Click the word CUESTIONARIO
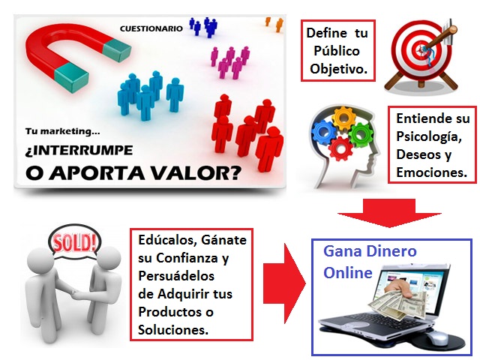151,28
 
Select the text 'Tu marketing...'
62,131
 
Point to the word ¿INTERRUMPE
79,151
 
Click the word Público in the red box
337,51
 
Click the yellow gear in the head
344,118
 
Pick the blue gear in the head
323,132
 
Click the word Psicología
429,136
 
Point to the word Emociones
432,172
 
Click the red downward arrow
389,213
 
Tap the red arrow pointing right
285,283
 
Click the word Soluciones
173,330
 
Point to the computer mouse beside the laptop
438,338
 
